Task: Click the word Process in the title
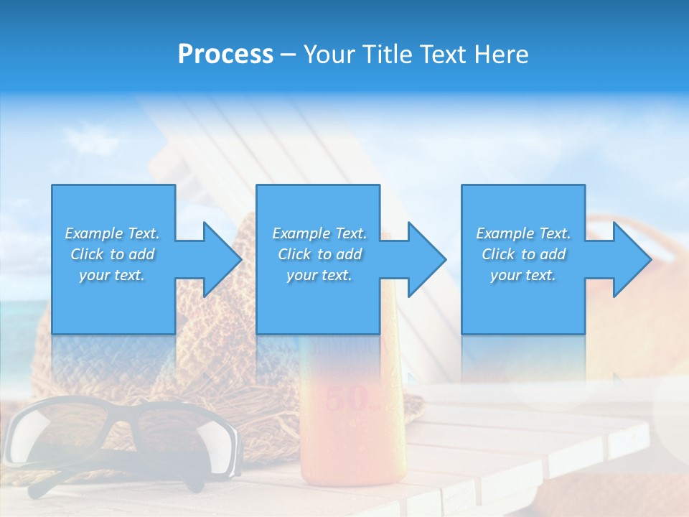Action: (225, 55)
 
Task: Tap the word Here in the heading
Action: (500, 55)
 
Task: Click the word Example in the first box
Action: (94, 233)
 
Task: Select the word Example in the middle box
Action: (301, 233)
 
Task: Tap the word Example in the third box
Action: (505, 233)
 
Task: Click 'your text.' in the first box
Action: (112, 275)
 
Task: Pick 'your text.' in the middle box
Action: (319, 275)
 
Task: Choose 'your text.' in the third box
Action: (523, 275)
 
